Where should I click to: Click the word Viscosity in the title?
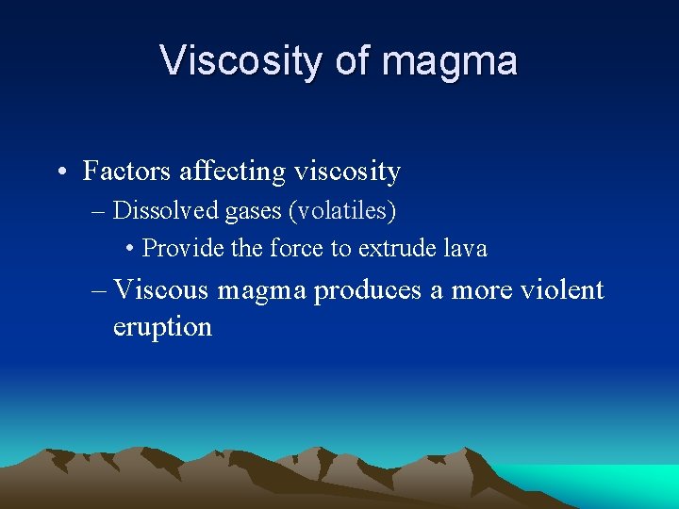(240, 61)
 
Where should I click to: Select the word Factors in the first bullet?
(125, 171)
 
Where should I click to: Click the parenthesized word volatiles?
(341, 210)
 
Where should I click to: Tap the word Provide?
(181, 249)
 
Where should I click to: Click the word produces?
(368, 291)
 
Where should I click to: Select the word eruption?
(162, 327)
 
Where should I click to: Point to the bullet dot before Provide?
(130, 250)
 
